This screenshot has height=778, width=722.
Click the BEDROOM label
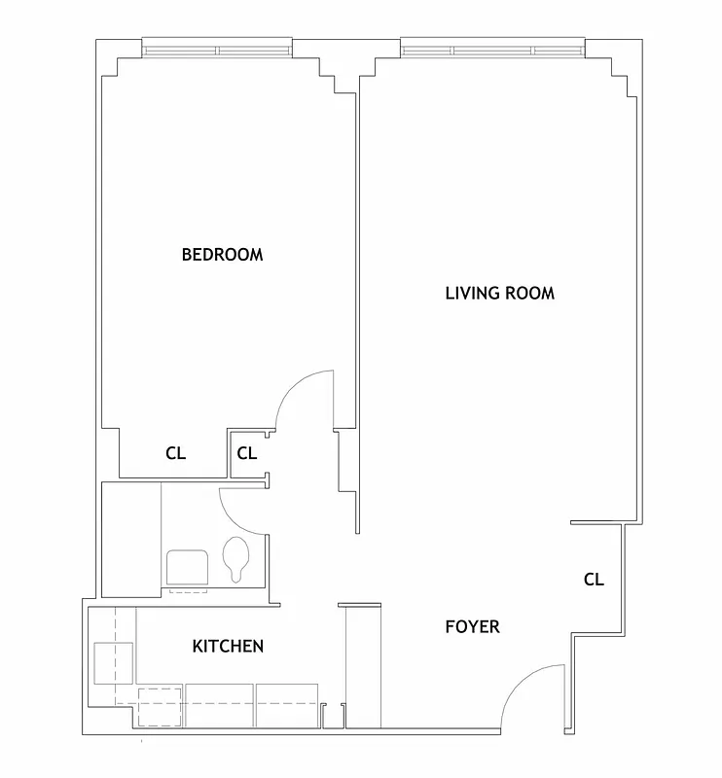point(222,255)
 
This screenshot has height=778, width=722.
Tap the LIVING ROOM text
point(499,293)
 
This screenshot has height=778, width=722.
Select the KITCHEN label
point(228,646)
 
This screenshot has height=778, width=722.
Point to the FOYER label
point(472,626)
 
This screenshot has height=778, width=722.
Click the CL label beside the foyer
point(594,580)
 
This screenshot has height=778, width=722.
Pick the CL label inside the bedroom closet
point(175,453)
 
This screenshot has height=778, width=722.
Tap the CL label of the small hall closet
point(246,453)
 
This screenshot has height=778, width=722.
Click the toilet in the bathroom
point(235,559)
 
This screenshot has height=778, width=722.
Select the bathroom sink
point(187,568)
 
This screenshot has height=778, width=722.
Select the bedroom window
point(216,48)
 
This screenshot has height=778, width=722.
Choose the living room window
point(491,48)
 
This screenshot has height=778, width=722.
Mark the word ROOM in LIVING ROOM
point(530,293)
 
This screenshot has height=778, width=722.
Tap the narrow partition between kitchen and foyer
point(346,665)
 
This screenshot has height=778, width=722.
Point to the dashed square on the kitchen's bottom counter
point(160,705)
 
